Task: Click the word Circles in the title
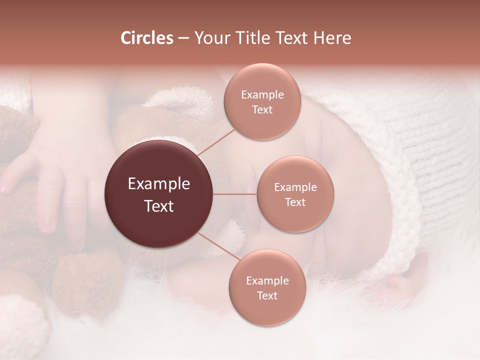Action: tap(146, 38)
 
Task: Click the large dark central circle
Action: tap(158, 194)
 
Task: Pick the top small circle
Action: tap(262, 101)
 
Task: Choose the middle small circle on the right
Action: tap(295, 194)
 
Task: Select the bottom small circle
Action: tap(267, 287)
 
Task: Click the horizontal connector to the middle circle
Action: tap(234, 194)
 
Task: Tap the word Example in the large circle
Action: tap(158, 184)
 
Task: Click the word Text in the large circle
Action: tap(158, 206)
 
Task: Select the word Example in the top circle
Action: tap(262, 94)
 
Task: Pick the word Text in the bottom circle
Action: tap(267, 295)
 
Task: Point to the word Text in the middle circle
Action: tap(295, 202)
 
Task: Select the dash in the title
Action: tap(183, 38)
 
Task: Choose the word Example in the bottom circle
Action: tap(267, 280)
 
